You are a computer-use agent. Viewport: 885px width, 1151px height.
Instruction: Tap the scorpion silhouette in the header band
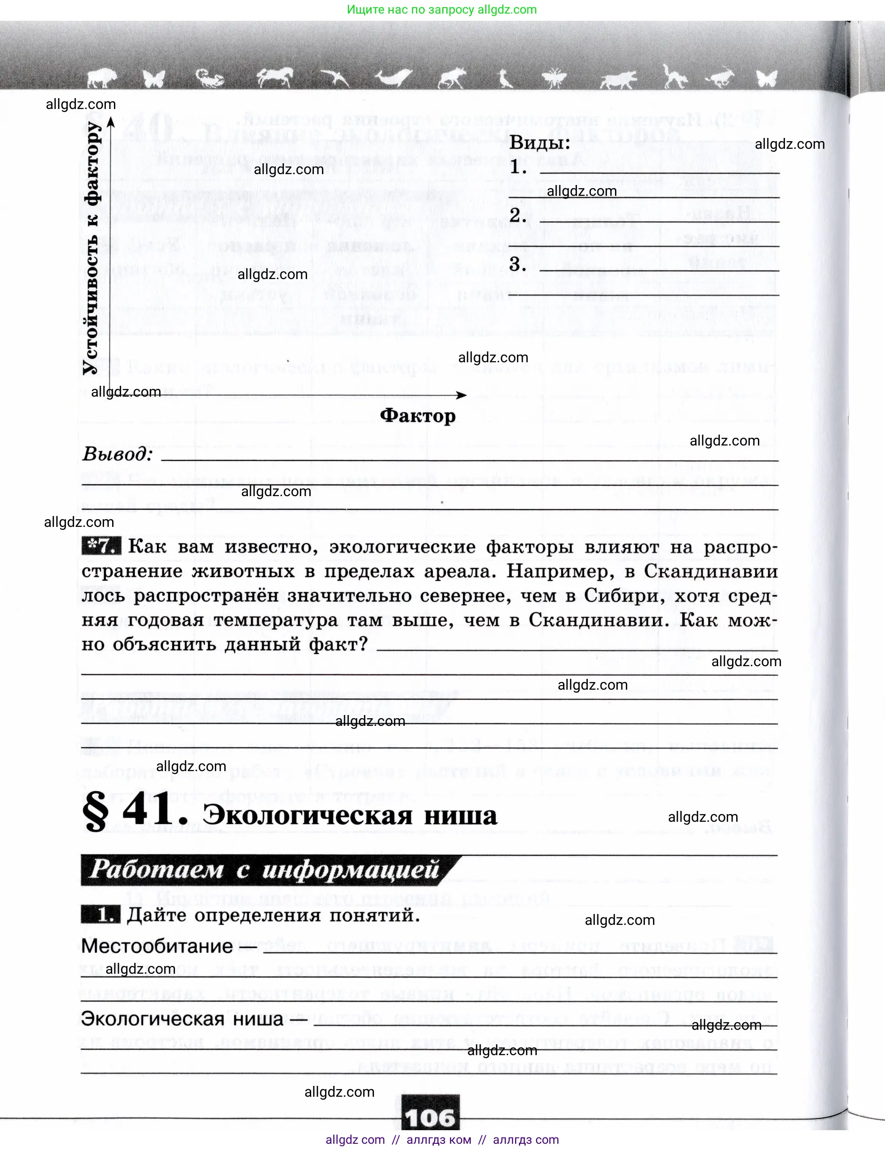tap(210, 79)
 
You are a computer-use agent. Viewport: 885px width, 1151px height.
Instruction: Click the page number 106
tap(430, 1117)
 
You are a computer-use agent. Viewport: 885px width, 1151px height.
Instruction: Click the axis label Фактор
tap(418, 416)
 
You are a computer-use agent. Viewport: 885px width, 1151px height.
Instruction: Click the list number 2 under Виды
tap(517, 215)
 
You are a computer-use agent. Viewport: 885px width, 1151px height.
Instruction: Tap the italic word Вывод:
tap(118, 454)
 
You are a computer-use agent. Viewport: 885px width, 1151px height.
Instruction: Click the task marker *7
tap(101, 546)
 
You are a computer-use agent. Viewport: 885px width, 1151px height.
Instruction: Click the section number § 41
tap(135, 811)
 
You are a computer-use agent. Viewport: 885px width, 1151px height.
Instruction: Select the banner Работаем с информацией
tap(263, 870)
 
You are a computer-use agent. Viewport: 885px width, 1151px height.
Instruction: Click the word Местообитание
tap(156, 946)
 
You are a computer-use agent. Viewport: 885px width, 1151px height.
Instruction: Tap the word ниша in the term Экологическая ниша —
tap(258, 1019)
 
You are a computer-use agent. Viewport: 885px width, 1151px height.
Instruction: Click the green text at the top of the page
tap(441, 9)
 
